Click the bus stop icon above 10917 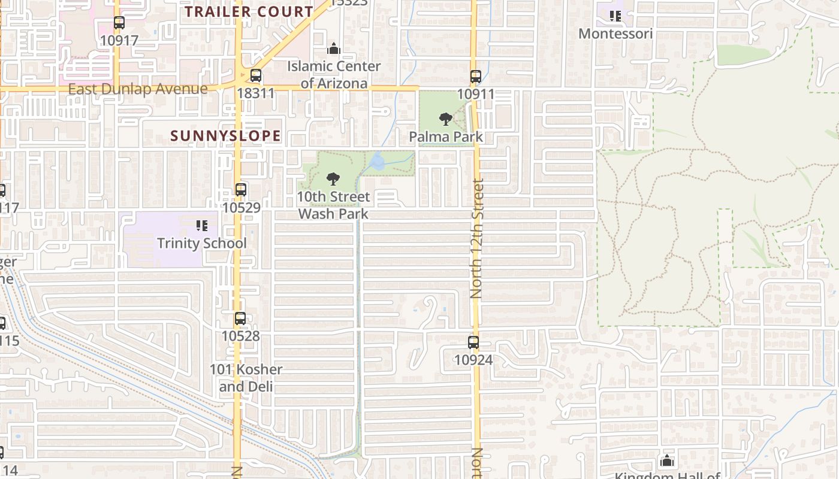coord(119,23)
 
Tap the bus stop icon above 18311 coord(256,75)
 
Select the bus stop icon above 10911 coord(475,77)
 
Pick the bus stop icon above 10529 coord(240,190)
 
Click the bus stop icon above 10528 coord(240,319)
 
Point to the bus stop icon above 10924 coord(473,342)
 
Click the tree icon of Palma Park coord(445,119)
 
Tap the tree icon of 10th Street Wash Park coord(333,178)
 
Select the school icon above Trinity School coord(202,226)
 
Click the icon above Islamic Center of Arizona coord(334,48)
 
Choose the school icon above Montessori coord(615,16)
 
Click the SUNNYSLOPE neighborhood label coord(225,136)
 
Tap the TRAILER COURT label coord(249,11)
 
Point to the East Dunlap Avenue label coord(138,89)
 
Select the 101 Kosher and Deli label coord(246,378)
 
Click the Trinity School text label coord(201,243)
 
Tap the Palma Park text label coord(445,137)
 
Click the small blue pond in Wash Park coord(378,161)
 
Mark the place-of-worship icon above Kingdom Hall coord(666,460)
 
